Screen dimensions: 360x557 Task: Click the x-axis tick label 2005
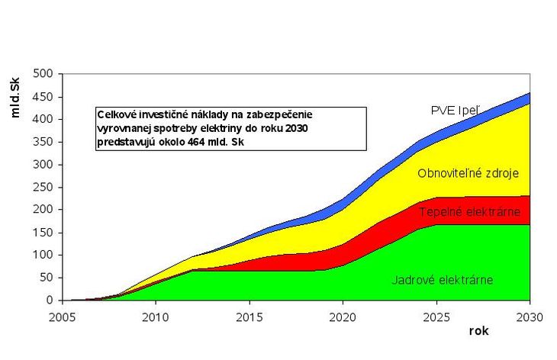tap(62, 316)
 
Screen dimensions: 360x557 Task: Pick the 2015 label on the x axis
tap(249, 316)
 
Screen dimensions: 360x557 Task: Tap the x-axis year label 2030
tap(529, 316)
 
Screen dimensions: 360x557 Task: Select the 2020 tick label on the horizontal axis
tap(342, 316)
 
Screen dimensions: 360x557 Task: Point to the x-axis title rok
tap(478, 332)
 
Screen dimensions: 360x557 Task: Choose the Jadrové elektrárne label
tap(443, 280)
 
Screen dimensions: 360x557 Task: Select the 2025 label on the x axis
tap(436, 316)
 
